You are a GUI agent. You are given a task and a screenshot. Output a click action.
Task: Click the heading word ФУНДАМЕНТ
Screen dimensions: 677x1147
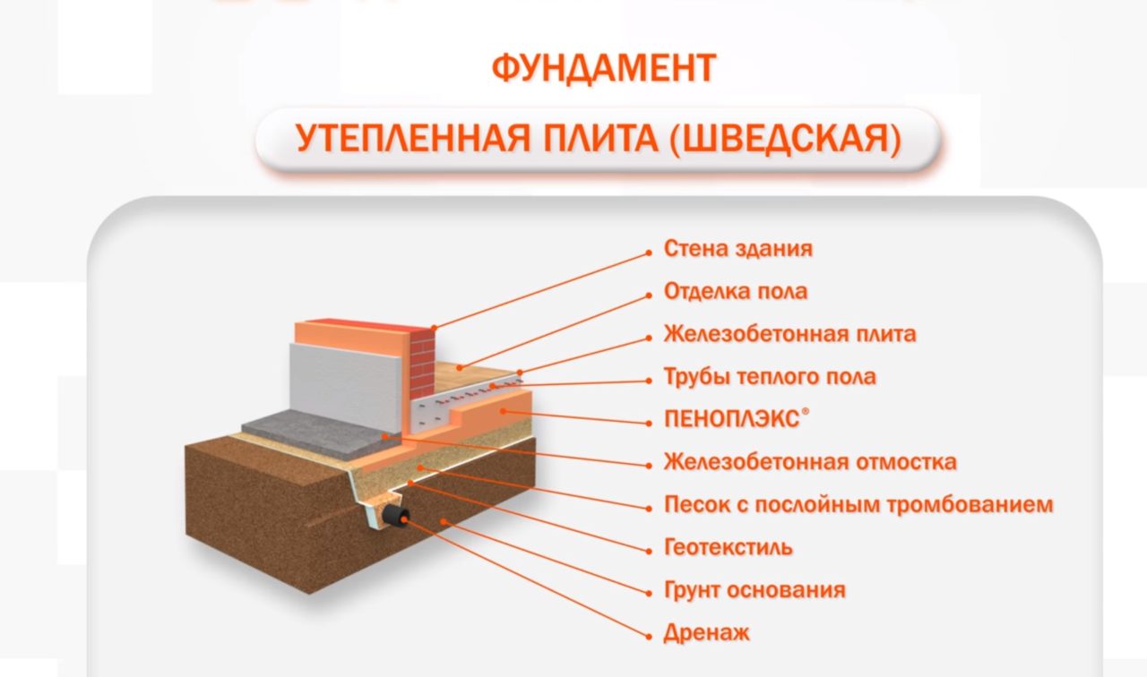click(604, 68)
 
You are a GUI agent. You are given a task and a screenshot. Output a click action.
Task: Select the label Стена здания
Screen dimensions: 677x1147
click(737, 248)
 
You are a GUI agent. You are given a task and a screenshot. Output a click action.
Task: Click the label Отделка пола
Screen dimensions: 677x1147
click(735, 291)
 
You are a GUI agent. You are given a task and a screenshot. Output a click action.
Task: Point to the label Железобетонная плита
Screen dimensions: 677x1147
click(789, 334)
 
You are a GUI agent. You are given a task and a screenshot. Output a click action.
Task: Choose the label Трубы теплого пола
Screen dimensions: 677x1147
click(769, 376)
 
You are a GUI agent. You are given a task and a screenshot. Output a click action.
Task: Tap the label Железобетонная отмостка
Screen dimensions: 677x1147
click(809, 462)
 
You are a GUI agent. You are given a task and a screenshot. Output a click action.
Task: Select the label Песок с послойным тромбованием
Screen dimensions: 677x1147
click(858, 504)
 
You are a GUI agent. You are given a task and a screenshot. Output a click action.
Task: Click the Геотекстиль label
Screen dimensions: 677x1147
click(728, 546)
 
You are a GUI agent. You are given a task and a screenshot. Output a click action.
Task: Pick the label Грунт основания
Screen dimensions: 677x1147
click(754, 590)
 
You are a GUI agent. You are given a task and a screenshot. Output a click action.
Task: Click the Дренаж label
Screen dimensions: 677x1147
click(706, 633)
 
